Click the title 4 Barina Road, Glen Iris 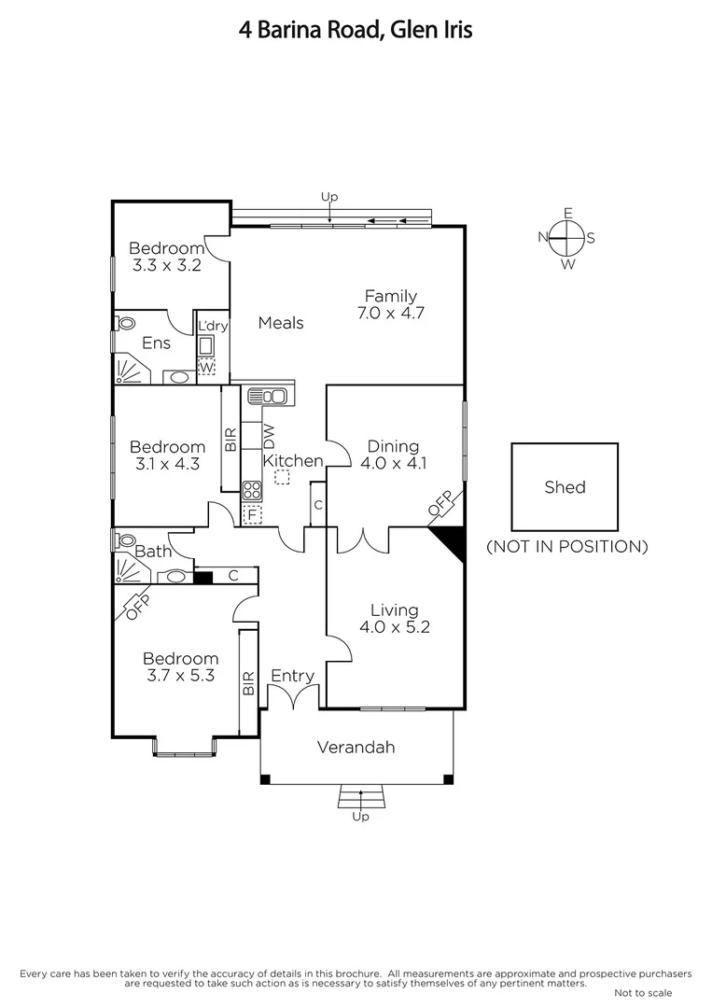(356, 30)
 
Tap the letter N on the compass (542, 238)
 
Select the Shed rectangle (565, 486)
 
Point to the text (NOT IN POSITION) (566, 547)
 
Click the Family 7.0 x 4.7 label (390, 305)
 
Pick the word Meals (281, 323)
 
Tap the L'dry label (213, 326)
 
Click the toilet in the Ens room (125, 323)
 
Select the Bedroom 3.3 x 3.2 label (166, 256)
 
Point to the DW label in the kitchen (269, 435)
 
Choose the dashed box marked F (251, 513)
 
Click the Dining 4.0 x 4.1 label (393, 454)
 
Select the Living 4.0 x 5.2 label (394, 619)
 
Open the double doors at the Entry (292, 697)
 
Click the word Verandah (356, 747)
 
